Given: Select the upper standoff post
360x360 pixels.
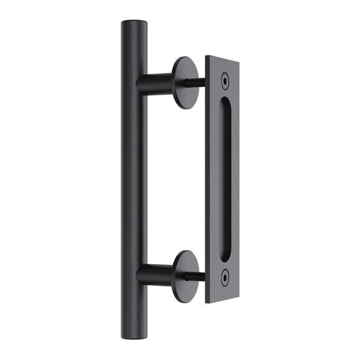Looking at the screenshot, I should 159,83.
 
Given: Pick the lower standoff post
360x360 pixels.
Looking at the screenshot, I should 159,275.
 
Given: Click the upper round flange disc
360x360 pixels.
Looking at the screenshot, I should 184,81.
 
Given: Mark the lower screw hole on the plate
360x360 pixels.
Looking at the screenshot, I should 226,275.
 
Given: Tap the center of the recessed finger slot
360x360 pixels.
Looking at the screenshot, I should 226,178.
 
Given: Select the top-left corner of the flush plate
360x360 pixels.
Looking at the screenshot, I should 207,57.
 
